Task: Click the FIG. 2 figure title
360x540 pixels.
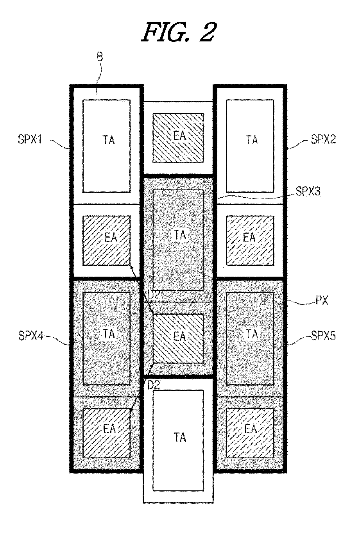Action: click(x=179, y=32)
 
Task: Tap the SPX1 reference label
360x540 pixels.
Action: click(x=30, y=139)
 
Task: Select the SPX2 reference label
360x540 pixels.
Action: click(x=323, y=139)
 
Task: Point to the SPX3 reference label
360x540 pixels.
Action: click(x=308, y=191)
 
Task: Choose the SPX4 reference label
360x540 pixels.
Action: click(x=31, y=336)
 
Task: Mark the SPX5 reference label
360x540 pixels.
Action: click(x=323, y=336)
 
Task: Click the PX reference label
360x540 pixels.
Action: click(x=322, y=300)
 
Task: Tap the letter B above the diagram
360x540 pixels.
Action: click(x=100, y=57)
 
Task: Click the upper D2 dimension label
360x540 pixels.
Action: click(x=154, y=295)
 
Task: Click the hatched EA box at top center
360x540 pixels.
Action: click(x=178, y=138)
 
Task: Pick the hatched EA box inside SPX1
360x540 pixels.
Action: click(x=107, y=241)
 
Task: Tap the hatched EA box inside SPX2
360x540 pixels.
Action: click(x=250, y=241)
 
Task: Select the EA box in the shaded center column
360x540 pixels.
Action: click(x=178, y=338)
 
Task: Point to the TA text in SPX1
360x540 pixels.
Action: click(x=109, y=140)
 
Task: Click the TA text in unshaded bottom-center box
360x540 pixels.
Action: click(x=180, y=437)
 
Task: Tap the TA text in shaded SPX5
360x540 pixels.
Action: click(x=252, y=334)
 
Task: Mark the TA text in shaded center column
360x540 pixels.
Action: click(x=180, y=235)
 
